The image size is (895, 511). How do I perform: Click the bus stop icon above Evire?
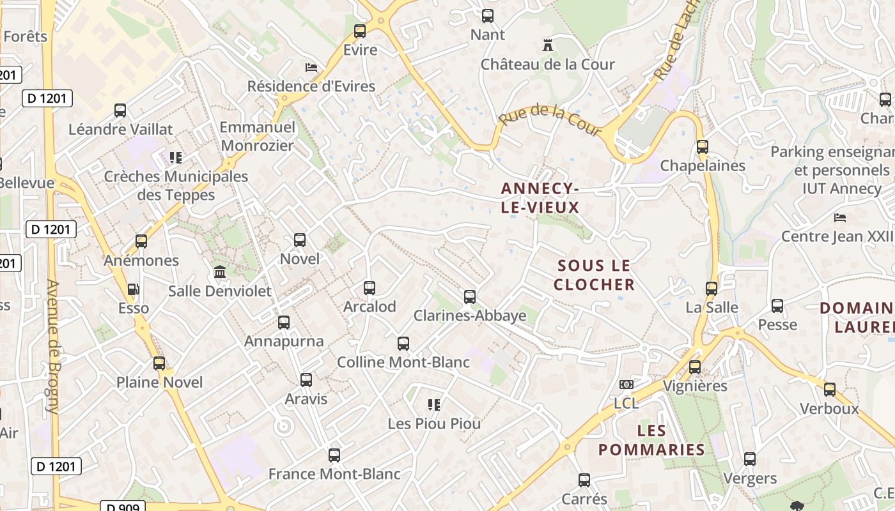(x=360, y=31)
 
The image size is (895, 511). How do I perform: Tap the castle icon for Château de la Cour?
(x=547, y=45)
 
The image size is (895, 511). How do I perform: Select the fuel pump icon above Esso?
(x=133, y=289)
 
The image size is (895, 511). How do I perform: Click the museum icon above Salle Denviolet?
(x=220, y=272)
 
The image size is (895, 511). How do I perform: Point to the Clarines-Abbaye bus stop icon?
(x=470, y=296)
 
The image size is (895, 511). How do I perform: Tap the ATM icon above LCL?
(x=626, y=385)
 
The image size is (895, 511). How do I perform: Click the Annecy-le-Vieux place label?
(x=540, y=197)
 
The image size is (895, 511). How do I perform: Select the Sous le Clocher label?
(x=594, y=275)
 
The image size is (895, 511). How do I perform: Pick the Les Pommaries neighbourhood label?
(x=651, y=440)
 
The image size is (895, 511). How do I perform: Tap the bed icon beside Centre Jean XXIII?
(x=840, y=218)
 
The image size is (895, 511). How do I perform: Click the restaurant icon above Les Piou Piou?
(x=434, y=404)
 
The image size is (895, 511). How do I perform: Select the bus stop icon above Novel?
(x=300, y=240)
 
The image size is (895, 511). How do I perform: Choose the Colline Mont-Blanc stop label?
(x=403, y=362)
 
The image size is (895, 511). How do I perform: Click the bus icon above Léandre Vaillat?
(x=120, y=110)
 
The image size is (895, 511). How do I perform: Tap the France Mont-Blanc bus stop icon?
(x=334, y=455)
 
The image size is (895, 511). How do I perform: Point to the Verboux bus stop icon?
(x=829, y=389)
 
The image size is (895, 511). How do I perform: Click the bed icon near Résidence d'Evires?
(x=311, y=67)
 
